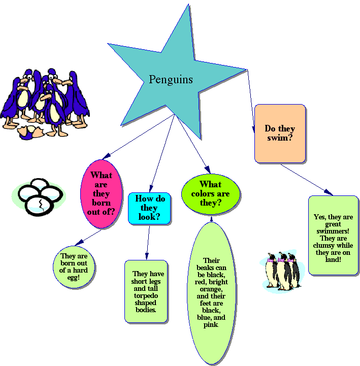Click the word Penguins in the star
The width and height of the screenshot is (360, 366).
(171, 80)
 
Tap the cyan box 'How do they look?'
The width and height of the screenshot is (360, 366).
(149, 208)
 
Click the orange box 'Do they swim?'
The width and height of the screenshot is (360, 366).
(280, 134)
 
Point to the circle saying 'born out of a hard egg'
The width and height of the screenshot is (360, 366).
(74, 267)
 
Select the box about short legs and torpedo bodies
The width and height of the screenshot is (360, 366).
(146, 291)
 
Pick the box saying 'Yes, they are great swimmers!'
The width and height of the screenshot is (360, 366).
(333, 235)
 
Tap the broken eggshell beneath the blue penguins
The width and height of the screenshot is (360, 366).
(29, 132)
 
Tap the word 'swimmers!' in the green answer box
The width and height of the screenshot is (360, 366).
(334, 231)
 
